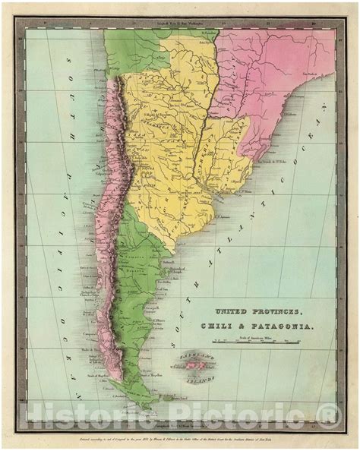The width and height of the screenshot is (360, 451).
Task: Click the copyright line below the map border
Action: pyautogui.click(x=180, y=440)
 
